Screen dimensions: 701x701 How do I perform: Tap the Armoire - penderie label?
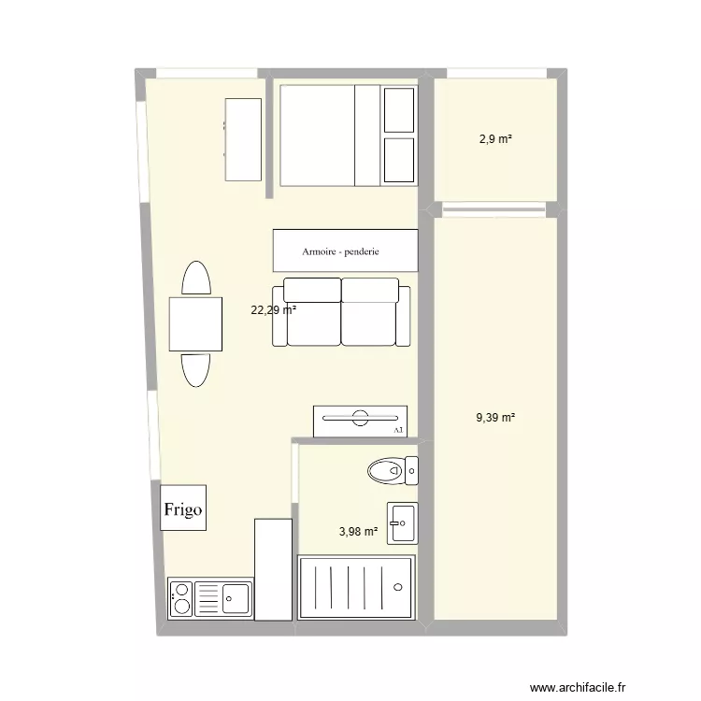point(346,251)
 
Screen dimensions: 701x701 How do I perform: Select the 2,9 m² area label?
point(495,139)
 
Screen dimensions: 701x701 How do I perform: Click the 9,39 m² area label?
point(495,418)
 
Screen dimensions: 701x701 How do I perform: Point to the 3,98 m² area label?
point(358,532)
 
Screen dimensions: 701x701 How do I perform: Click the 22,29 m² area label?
point(273,310)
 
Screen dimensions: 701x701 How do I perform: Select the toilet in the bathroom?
point(387,470)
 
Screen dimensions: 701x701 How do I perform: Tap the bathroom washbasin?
point(403,522)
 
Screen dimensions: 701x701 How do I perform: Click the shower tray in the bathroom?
point(355,587)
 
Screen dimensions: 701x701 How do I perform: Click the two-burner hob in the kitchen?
point(181,598)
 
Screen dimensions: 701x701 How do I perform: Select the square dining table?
point(195,323)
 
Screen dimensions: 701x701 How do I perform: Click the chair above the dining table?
point(195,279)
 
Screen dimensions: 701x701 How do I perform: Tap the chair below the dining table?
point(195,369)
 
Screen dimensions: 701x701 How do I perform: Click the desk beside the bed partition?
point(243,139)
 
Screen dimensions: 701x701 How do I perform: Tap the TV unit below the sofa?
point(360,420)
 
